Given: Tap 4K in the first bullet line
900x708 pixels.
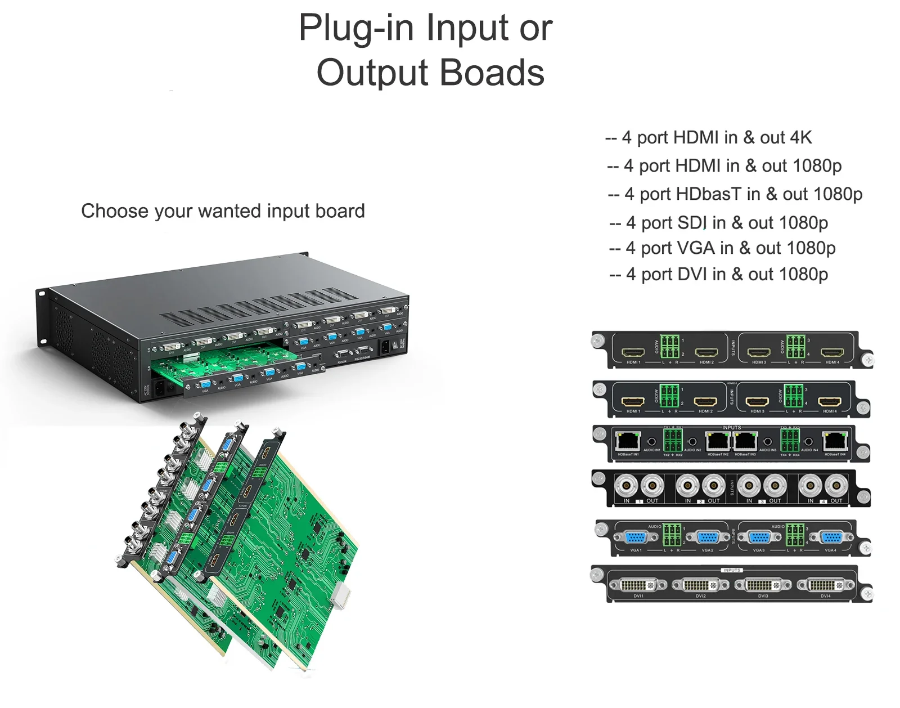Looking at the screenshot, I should (x=801, y=137).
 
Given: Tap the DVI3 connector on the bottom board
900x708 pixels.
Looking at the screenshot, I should (x=763, y=585).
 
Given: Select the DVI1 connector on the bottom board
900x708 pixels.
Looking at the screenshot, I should (x=638, y=585).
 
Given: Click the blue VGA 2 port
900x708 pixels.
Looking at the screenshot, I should (x=708, y=538).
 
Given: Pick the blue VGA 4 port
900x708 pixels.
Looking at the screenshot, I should (x=831, y=538).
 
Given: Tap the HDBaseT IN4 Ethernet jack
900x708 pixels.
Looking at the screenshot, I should (x=835, y=441).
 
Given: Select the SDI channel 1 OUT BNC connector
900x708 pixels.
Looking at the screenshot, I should (x=652, y=486).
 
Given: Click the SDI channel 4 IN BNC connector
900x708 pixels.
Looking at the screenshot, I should (x=811, y=486).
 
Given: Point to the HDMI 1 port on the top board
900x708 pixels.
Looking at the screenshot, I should (x=633, y=353).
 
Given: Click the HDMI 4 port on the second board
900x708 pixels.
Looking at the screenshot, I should (x=830, y=402).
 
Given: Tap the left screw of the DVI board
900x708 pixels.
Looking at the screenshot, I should (x=597, y=575).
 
